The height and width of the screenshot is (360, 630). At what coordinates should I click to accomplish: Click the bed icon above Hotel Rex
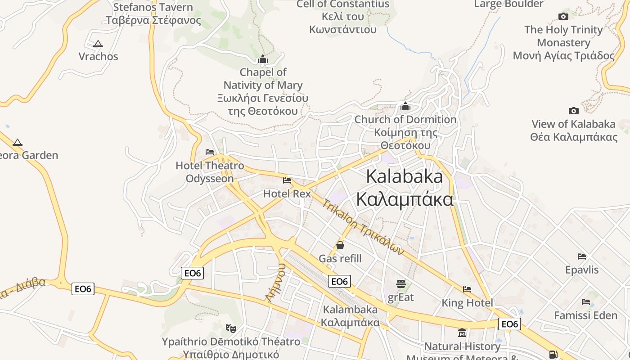287,180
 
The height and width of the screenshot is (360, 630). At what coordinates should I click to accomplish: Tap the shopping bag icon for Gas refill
340,245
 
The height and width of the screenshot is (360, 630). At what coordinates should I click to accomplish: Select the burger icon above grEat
400,284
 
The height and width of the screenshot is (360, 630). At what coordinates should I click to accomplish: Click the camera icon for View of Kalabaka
573,111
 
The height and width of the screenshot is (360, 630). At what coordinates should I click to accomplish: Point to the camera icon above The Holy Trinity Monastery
563,17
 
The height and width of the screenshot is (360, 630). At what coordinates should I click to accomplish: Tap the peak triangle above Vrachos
98,44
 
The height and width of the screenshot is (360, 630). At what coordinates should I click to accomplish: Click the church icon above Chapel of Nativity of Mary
263,59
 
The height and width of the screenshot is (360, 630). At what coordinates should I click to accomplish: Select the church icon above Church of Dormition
405,106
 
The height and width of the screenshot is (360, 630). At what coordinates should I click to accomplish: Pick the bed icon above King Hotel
467,289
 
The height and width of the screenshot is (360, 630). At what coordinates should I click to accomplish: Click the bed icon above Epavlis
582,256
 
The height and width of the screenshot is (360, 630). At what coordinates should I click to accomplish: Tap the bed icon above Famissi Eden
585,302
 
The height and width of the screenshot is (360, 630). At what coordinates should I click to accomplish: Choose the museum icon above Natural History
462,333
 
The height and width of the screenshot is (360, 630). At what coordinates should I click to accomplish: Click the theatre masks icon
231,328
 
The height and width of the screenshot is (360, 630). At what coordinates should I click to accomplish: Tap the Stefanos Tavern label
153,13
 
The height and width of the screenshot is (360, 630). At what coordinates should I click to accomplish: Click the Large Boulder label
509,4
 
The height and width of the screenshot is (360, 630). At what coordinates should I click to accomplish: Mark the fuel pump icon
553,355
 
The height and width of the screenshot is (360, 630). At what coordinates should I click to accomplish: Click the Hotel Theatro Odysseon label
210,172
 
